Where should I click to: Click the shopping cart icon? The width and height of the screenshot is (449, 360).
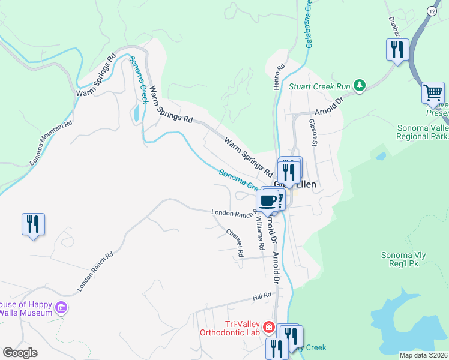432,93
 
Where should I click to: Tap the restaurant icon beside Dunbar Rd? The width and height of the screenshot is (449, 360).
397,50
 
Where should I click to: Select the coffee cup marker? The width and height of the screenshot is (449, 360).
267,200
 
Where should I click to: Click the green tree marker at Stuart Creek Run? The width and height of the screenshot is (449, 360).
360,86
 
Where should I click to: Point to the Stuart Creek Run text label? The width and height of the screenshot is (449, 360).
319,86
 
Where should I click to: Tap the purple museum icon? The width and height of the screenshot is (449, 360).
60,308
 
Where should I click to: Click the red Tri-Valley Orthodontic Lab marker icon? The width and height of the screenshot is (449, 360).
269,328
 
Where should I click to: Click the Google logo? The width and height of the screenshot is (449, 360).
20,353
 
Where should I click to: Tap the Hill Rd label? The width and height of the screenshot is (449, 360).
262,296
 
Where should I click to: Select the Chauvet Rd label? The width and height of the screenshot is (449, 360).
235,243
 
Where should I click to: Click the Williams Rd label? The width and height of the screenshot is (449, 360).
260,235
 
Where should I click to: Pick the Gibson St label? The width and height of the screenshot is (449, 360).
312,132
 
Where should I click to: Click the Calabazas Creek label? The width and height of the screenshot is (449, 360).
310,24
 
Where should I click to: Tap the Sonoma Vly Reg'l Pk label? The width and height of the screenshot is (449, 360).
403,260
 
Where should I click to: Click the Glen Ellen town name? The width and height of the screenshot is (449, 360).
295,185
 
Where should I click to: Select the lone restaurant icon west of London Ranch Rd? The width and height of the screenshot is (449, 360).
33,225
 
